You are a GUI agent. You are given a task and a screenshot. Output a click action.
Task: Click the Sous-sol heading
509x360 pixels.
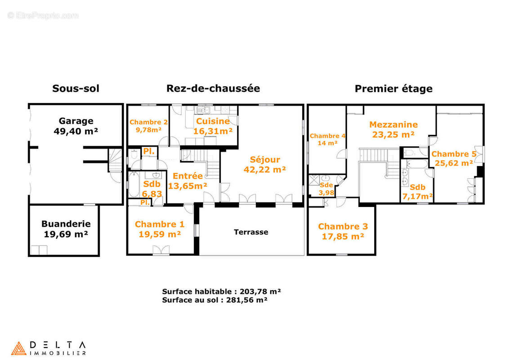(76, 89)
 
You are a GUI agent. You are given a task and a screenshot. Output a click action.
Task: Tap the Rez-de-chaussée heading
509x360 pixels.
(213, 89)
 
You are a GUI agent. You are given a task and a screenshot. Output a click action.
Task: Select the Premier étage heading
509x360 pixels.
(393, 89)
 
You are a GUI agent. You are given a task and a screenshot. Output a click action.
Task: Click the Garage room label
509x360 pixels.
(76, 121)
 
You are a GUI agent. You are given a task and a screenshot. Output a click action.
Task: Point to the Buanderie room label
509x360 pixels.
(66, 224)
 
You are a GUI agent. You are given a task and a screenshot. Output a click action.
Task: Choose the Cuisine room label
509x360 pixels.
(213, 121)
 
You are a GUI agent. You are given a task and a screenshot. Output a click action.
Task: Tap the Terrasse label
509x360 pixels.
(251, 232)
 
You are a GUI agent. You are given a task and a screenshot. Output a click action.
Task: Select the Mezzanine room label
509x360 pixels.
(393, 125)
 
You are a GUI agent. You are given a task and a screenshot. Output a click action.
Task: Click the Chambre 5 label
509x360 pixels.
(454, 154)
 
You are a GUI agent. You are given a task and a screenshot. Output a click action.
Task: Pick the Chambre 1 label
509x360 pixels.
(160, 224)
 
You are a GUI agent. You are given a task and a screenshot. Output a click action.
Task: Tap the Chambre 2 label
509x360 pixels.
(148, 122)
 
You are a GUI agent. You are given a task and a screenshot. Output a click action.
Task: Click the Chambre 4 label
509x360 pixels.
(327, 136)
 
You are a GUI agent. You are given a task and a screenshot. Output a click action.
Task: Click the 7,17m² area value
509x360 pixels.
(418, 196)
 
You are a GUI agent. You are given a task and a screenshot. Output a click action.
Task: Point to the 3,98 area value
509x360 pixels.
(326, 193)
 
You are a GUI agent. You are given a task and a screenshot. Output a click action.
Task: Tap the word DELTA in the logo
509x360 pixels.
(58, 344)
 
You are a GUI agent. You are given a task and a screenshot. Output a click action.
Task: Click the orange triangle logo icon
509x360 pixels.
(18, 348)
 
